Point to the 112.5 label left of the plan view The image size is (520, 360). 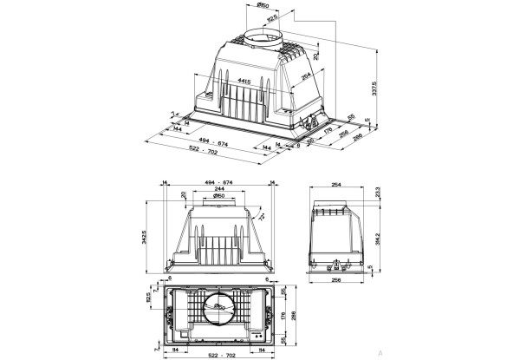point(148,298)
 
